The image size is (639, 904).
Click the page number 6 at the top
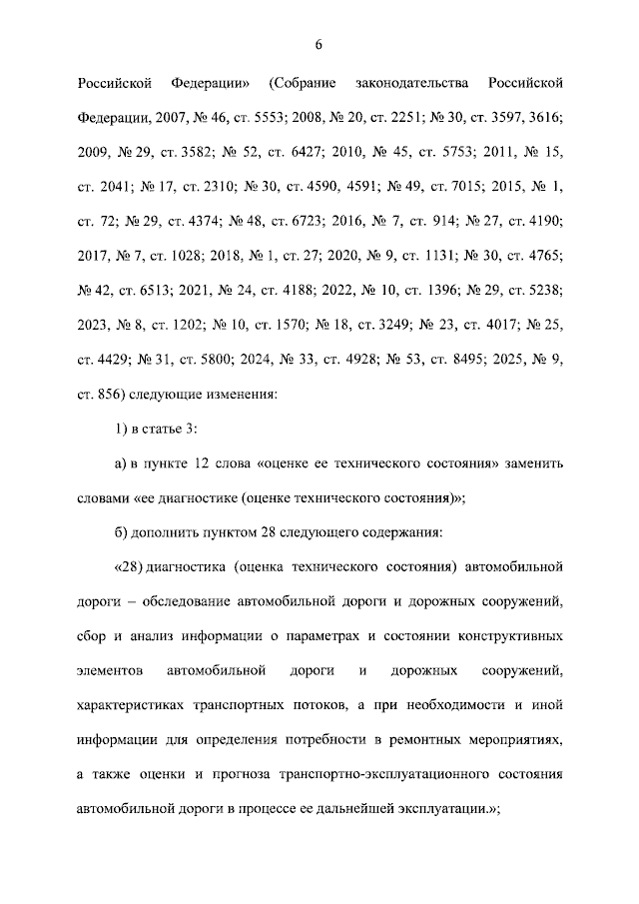[x=318, y=44]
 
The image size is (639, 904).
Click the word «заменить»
[x=534, y=464]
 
